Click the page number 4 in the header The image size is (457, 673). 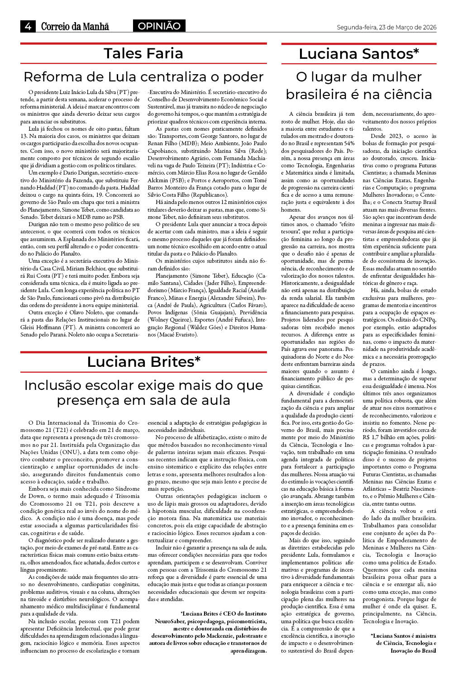point(28,27)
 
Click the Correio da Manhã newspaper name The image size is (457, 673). point(75,27)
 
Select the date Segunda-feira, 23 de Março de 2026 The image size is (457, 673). point(386,27)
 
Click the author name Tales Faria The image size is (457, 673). point(143,53)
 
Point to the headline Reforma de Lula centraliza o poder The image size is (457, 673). point(143,76)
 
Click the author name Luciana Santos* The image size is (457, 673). point(359,54)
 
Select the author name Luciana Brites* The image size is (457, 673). point(143,362)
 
